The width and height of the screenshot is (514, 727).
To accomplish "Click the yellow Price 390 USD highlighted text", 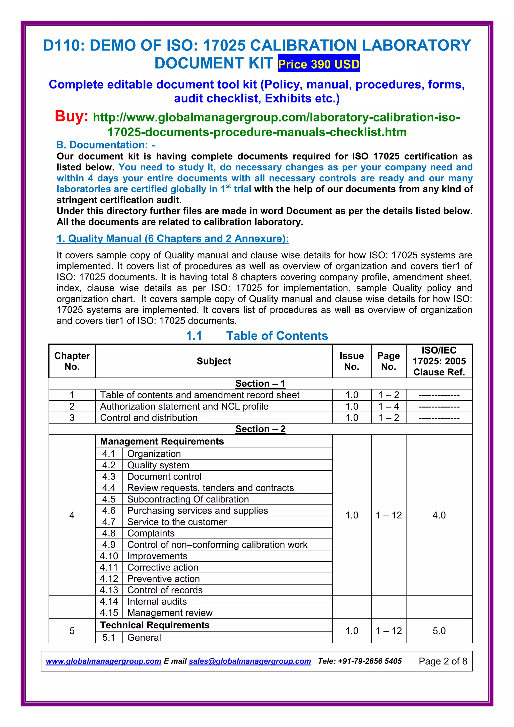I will (x=318, y=64).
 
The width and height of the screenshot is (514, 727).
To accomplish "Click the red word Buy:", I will (x=72, y=116).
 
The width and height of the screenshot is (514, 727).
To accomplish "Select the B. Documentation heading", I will (x=105, y=145).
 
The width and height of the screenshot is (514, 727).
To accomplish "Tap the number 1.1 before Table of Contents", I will (x=194, y=336).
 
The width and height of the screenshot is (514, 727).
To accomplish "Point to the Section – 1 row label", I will (x=260, y=383).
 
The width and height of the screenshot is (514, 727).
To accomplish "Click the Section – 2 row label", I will (x=260, y=429).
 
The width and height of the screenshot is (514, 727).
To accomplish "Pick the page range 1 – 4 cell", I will (x=389, y=406).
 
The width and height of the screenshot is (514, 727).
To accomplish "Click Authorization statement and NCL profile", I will (x=184, y=406).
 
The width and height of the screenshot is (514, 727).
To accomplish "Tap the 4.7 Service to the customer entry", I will (x=177, y=522).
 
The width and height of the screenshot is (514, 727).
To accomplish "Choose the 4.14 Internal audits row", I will (x=157, y=601).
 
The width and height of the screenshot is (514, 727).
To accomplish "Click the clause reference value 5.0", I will (x=439, y=631).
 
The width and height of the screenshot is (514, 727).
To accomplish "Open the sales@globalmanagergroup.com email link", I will (x=250, y=661).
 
